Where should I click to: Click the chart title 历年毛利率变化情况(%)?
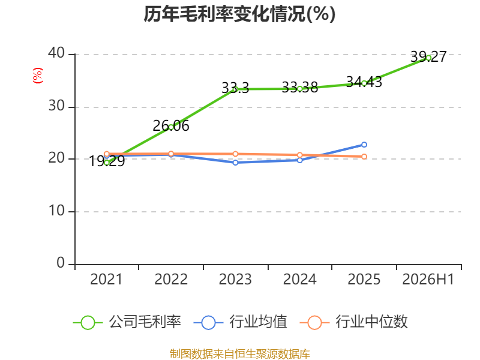click(239, 14)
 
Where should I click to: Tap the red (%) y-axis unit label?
click(38, 76)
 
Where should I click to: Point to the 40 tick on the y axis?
click(56, 53)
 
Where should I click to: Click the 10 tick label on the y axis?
click(56, 211)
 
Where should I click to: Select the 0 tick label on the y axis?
click(61, 263)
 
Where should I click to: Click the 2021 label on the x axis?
click(106, 279)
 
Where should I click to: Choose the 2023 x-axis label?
click(235, 279)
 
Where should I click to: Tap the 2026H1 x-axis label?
click(428, 279)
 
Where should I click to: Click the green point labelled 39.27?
click(428, 58)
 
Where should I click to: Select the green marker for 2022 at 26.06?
click(171, 127)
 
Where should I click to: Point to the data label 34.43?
click(364, 82)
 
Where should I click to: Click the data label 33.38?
click(299, 88)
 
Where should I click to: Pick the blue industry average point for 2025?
click(364, 145)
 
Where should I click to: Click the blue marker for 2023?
click(235, 163)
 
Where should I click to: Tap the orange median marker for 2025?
click(364, 157)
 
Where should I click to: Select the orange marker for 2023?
click(235, 154)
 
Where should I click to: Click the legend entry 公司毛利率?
click(127, 322)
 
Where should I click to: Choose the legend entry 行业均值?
click(241, 322)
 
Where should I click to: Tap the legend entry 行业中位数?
click(353, 322)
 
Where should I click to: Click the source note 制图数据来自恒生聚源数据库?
click(239, 354)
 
